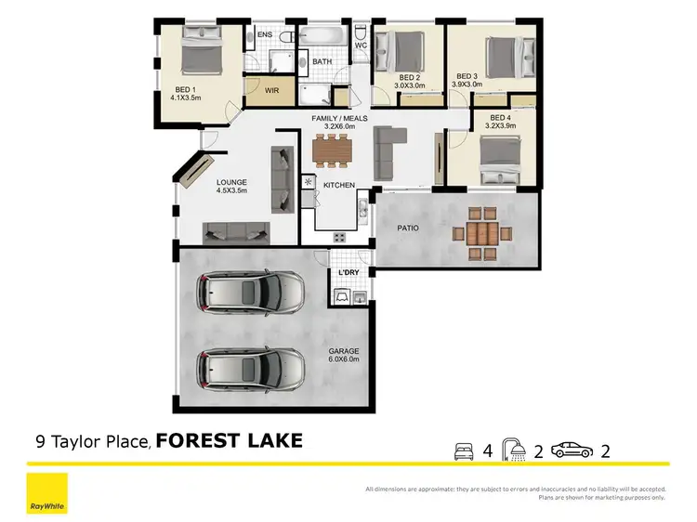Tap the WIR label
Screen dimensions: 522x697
tap(272, 90)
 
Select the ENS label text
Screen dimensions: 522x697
tap(265, 35)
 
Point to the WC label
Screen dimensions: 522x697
tap(361, 43)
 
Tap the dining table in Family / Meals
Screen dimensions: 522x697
tap(332, 149)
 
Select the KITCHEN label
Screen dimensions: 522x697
tap(339, 186)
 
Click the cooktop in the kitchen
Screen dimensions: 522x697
tap(340, 237)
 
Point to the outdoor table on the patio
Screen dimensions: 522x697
tap(480, 232)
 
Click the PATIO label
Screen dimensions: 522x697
tap(406, 227)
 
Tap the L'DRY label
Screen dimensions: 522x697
tap(349, 272)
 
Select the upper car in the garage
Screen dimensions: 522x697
tap(248, 294)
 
